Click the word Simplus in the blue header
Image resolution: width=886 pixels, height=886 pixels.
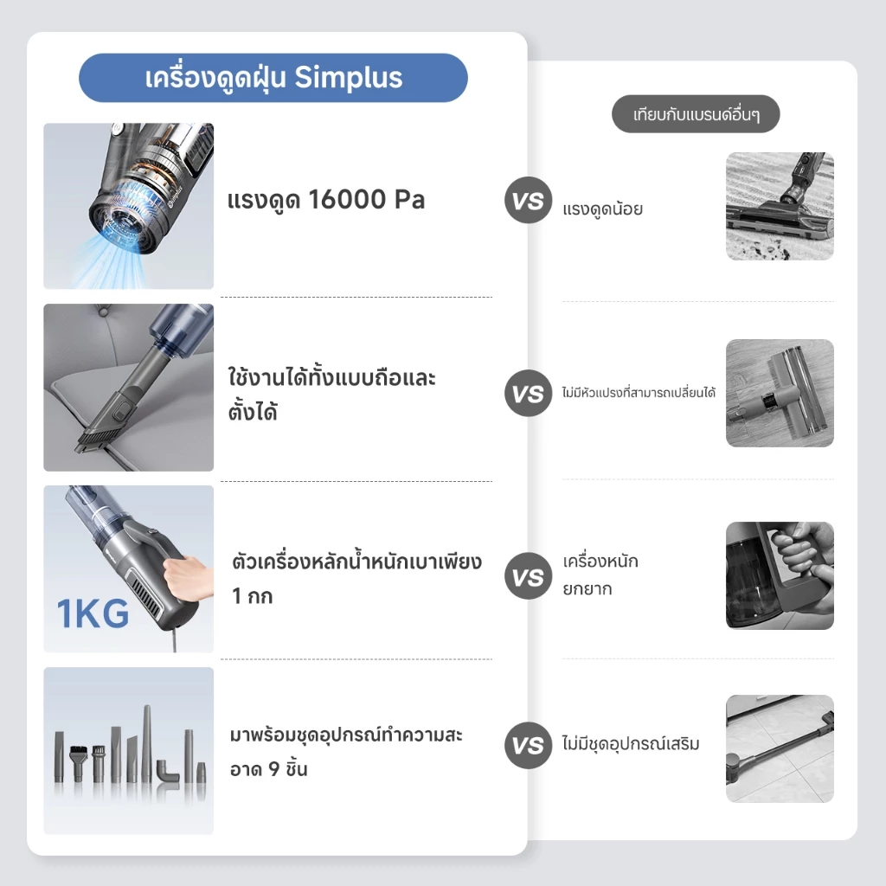348,79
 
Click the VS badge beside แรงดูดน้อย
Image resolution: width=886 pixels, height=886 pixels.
528,200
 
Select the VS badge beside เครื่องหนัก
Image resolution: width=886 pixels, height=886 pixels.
528,575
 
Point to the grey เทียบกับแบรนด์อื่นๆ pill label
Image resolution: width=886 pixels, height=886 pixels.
696,114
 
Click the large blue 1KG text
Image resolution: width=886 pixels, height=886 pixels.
93,613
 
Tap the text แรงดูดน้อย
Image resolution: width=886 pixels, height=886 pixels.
602,209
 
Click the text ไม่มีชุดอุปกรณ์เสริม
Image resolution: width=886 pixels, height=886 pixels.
631,743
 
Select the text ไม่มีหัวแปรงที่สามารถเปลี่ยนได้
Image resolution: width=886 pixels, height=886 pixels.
639,392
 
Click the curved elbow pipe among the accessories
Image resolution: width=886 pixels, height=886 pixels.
168,771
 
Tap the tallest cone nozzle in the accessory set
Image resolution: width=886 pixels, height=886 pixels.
147,743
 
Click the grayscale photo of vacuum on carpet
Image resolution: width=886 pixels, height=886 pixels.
780,206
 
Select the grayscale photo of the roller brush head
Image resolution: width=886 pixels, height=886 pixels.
780,394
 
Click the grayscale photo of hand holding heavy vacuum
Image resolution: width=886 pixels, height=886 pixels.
780,575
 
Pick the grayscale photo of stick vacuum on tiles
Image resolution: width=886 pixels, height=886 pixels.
780,748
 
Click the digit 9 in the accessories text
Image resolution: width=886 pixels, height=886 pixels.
273,769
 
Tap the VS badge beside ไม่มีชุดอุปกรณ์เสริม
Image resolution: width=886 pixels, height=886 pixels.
528,745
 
